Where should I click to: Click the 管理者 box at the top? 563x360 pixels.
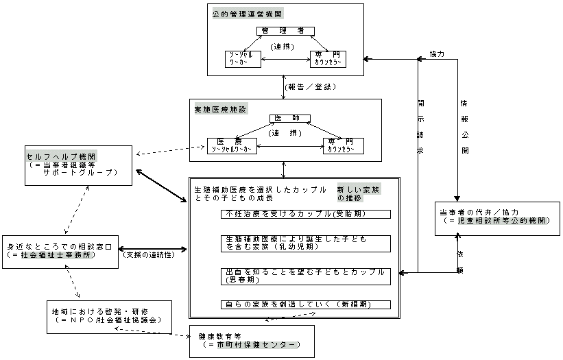click(286, 31)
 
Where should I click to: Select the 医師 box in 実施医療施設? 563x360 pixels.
click(285, 118)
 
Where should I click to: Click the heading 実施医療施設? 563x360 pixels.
click(220, 109)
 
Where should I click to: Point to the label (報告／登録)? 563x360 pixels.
click(309, 87)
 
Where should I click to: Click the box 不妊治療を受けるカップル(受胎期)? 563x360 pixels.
click(306, 214)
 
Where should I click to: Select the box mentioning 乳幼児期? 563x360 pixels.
click(306, 243)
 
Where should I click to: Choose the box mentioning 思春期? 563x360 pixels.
click(306, 276)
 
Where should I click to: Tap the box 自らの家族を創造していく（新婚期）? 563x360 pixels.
click(306, 304)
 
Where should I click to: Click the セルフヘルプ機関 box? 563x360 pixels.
click(77, 165)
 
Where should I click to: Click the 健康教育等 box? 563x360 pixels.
click(252, 341)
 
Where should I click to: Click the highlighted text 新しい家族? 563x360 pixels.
click(355, 189)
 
